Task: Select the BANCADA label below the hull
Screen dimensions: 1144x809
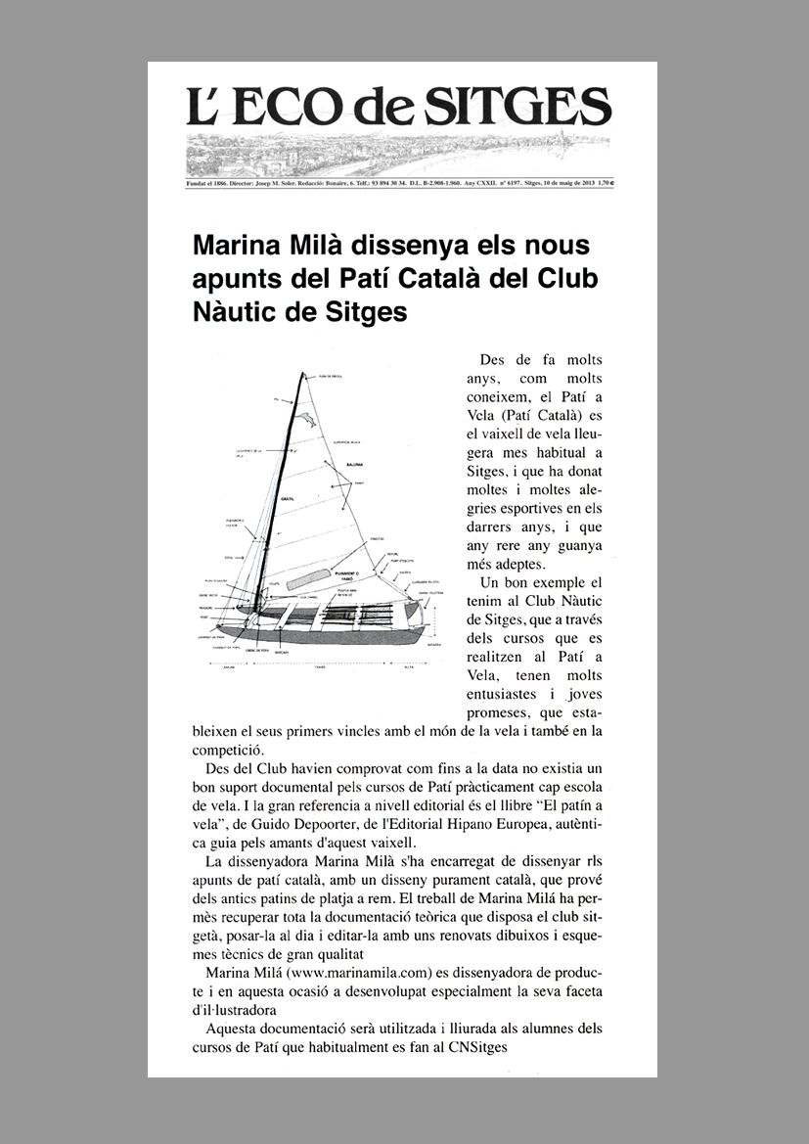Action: click(282, 649)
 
